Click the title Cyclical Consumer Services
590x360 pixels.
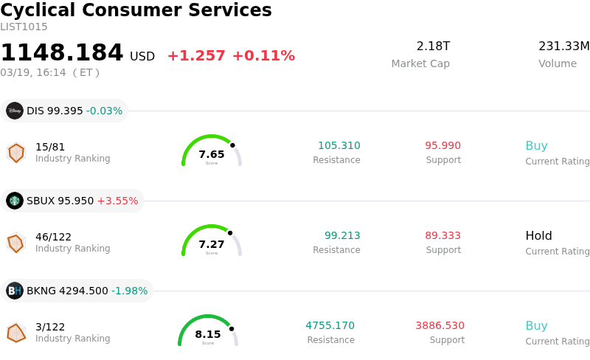click(x=136, y=10)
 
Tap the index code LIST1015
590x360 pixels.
click(x=24, y=27)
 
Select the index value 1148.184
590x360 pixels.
click(x=62, y=53)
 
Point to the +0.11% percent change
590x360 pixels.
click(x=263, y=56)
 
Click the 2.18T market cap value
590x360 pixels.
click(x=433, y=46)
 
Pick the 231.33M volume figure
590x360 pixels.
click(x=563, y=46)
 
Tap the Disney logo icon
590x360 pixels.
click(x=15, y=111)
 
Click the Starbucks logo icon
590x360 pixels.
click(x=15, y=201)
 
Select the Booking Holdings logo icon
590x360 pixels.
click(x=15, y=291)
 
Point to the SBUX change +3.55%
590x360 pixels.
click(x=117, y=201)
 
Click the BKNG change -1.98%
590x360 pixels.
click(x=129, y=291)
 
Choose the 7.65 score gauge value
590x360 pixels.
click(x=212, y=154)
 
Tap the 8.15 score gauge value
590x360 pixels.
click(x=208, y=334)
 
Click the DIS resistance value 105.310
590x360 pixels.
click(x=339, y=145)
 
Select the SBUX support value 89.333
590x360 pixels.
click(x=442, y=235)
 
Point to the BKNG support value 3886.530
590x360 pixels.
click(x=440, y=325)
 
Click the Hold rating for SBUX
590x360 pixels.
click(x=538, y=235)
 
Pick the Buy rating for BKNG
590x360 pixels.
click(x=536, y=325)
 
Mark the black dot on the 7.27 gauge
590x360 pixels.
click(x=230, y=233)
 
